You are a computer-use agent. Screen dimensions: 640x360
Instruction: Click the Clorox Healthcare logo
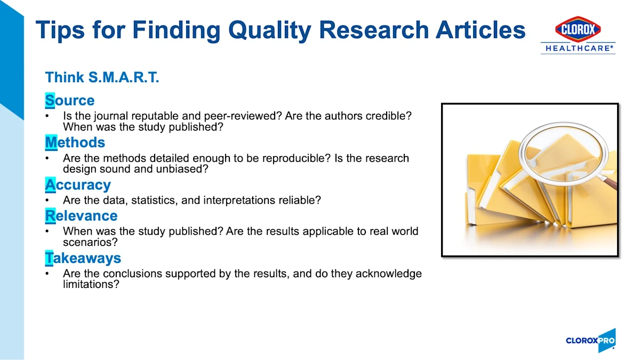click(x=578, y=35)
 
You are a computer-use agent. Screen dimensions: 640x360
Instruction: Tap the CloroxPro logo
click(x=590, y=340)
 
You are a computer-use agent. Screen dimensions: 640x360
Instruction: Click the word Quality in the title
click(x=270, y=30)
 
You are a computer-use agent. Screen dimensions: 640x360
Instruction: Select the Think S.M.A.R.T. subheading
click(x=102, y=77)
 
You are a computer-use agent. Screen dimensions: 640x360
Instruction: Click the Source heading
click(x=70, y=100)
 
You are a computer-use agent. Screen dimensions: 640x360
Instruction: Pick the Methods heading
click(x=75, y=142)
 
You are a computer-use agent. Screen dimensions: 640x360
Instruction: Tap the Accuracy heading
click(x=78, y=185)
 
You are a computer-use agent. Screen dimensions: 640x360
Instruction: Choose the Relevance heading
click(x=81, y=215)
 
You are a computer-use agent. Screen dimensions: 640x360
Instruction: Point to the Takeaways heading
click(x=83, y=258)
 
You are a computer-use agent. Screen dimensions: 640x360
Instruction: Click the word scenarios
click(x=90, y=242)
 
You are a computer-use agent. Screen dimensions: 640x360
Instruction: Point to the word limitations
click(x=91, y=284)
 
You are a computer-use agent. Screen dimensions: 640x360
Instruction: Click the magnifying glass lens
click(x=563, y=154)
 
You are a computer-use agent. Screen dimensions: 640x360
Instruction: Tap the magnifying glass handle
click(x=607, y=182)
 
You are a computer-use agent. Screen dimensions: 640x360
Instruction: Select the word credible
click(x=389, y=116)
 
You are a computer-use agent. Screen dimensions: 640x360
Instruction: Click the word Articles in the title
click(x=481, y=30)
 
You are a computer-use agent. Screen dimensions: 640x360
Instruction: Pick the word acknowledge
click(x=389, y=274)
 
